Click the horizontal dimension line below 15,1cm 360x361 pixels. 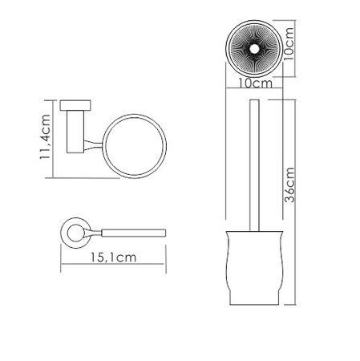point(113,269)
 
